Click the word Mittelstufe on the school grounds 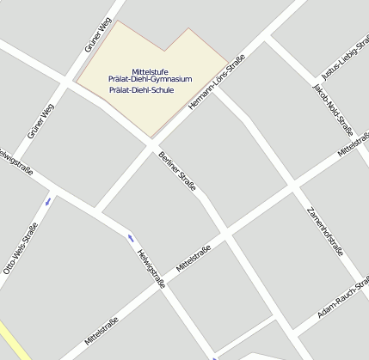151,70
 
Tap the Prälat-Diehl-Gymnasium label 151,79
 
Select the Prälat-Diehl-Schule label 142,89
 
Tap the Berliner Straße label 177,171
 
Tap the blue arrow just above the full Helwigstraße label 131,237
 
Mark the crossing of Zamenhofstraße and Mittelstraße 294,186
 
